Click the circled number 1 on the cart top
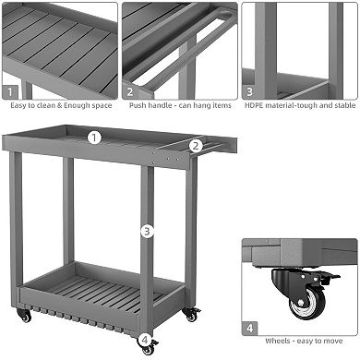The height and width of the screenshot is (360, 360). click(x=94, y=138)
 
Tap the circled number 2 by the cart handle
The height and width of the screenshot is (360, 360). click(x=196, y=145)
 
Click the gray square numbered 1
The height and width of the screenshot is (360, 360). click(x=10, y=91)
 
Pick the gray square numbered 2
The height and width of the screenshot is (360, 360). click(x=130, y=91)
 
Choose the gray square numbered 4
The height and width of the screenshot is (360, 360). click(x=251, y=327)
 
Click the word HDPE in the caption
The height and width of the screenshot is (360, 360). click(x=253, y=105)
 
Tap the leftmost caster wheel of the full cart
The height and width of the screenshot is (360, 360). click(x=25, y=316)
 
